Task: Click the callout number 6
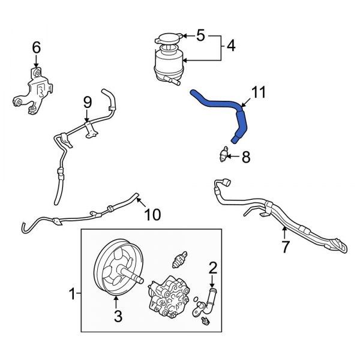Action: point(36,47)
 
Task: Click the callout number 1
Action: point(73,294)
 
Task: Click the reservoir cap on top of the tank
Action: point(167,40)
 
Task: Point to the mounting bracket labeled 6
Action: point(33,93)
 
